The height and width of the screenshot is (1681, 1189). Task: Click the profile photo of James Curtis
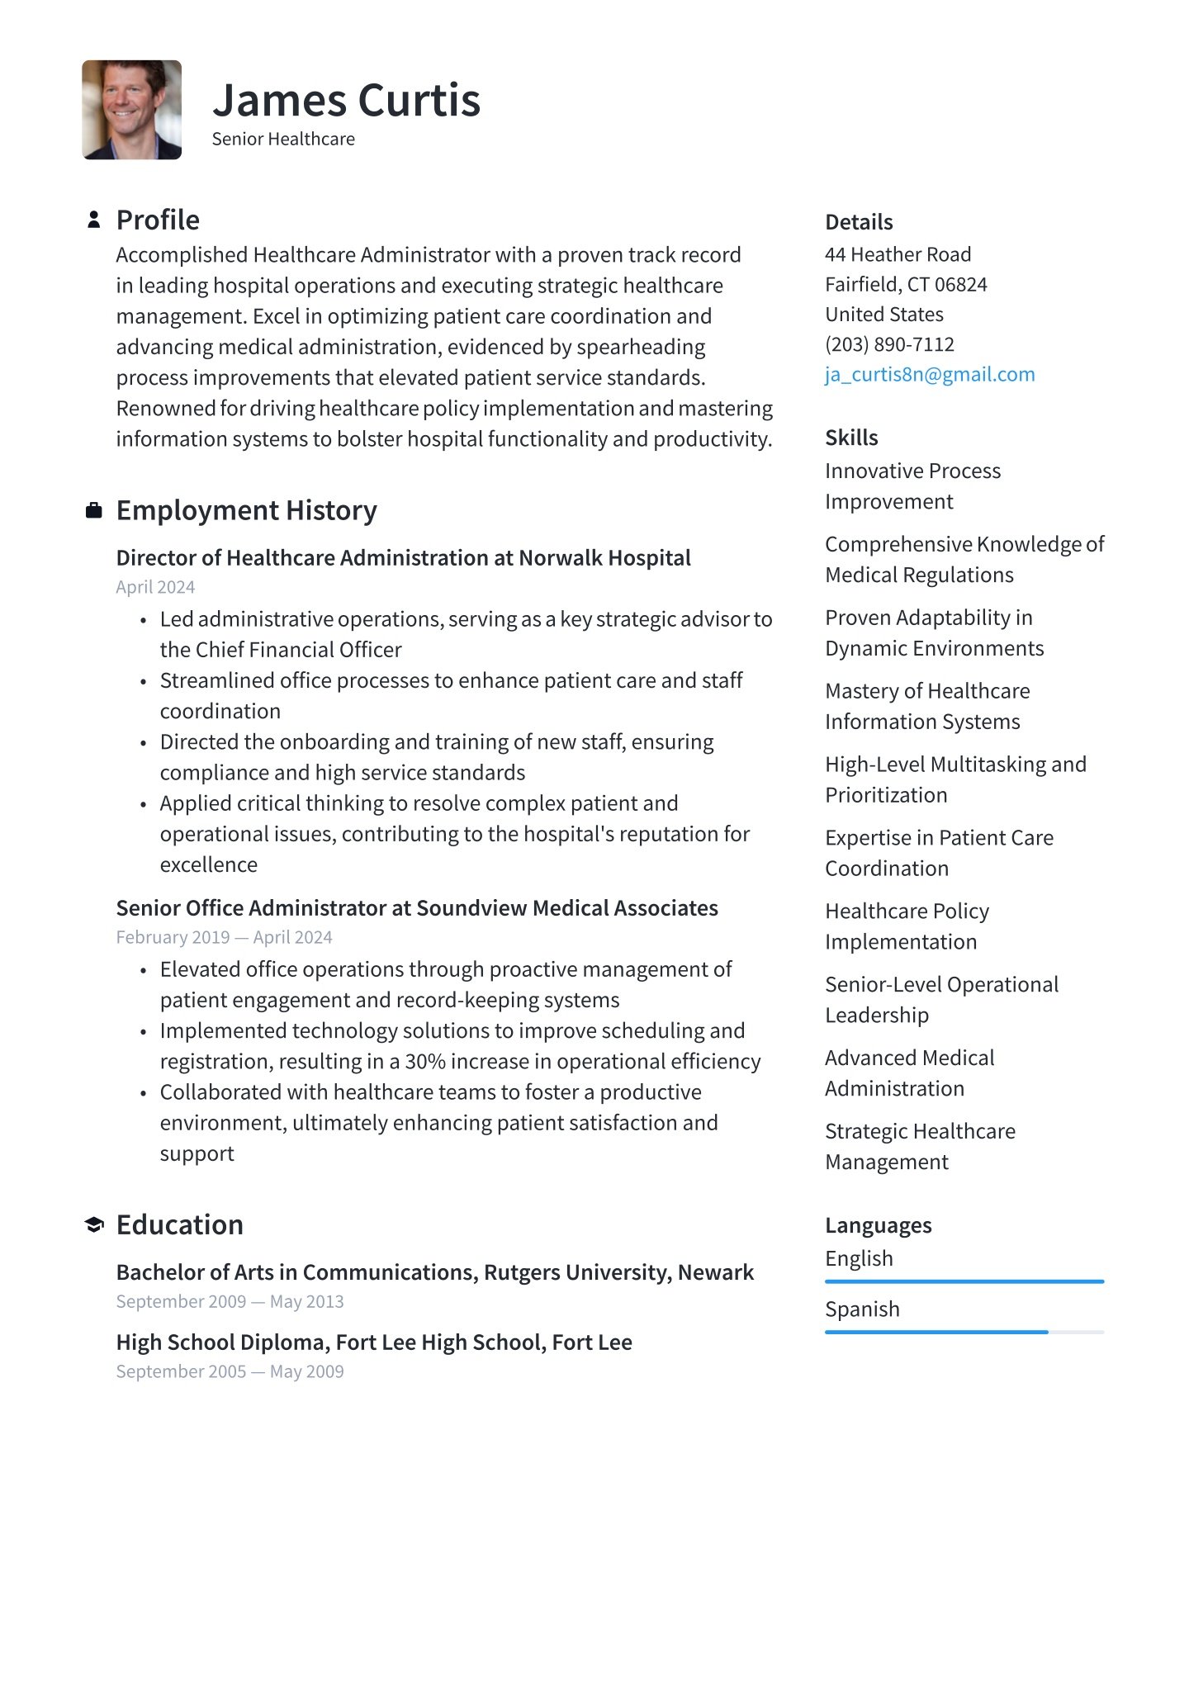pos(132,110)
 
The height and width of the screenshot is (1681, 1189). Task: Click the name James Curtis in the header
pos(346,101)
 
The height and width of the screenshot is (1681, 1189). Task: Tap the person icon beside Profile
pos(94,220)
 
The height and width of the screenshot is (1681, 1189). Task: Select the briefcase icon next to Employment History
pos(94,511)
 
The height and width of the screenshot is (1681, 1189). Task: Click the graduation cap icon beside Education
pos(94,1225)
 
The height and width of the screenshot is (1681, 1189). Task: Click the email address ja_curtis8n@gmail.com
pos(930,375)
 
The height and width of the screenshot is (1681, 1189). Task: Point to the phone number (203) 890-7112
pos(889,344)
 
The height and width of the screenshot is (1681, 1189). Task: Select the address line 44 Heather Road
pos(898,254)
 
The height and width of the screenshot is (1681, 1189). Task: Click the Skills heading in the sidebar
pos(851,438)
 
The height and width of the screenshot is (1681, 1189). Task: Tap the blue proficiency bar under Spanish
pos(936,1332)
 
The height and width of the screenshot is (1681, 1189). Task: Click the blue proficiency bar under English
pos(964,1281)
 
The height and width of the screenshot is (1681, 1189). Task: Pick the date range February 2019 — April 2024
pos(224,937)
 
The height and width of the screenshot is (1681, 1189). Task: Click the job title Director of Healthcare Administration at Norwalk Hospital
pos(403,558)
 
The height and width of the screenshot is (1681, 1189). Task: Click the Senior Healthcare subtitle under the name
pos(283,140)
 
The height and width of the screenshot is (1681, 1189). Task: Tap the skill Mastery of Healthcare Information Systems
pos(926,706)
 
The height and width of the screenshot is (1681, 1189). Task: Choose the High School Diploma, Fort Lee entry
pos(374,1342)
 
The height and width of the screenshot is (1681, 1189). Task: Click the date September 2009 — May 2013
pos(230,1302)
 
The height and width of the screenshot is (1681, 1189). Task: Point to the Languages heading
pos(878,1225)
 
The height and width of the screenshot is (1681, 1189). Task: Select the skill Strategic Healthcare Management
pos(919,1146)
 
